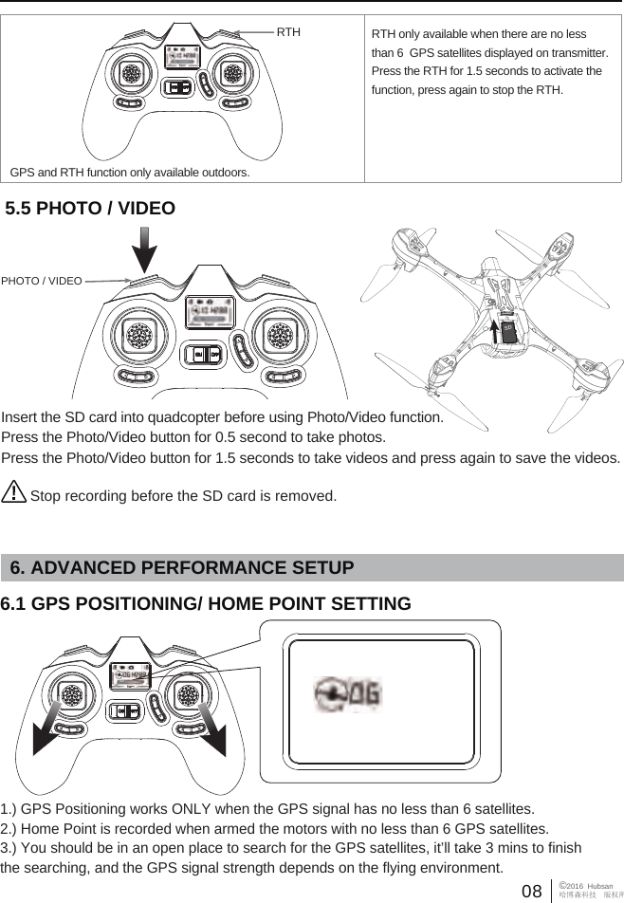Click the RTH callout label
pyautogui.click(x=288, y=31)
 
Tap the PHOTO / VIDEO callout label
pyautogui.click(x=42, y=281)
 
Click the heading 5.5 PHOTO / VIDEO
pyautogui.click(x=91, y=208)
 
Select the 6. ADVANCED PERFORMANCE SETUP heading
pyautogui.click(x=181, y=567)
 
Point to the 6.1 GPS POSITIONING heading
pyautogui.click(x=206, y=604)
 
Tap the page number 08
pyautogui.click(x=532, y=891)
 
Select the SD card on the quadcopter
pyautogui.click(x=508, y=332)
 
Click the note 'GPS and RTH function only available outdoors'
pyautogui.click(x=130, y=173)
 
